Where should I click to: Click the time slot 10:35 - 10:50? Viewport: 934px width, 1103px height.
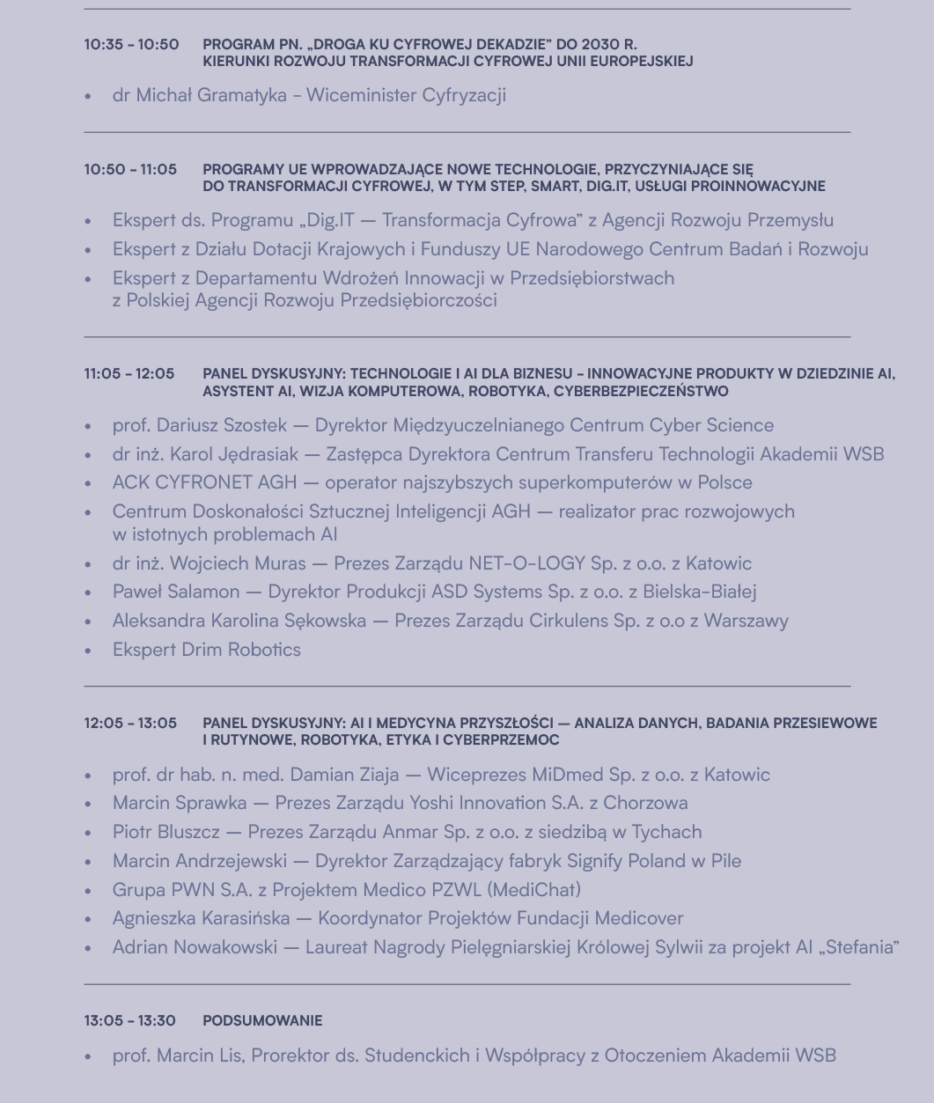coord(131,44)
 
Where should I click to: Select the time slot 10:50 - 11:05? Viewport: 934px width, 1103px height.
coord(130,169)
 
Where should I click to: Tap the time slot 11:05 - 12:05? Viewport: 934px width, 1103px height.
coord(129,374)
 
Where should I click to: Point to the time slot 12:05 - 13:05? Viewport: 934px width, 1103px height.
coord(130,724)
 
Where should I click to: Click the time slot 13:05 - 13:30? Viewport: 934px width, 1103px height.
coord(130,1021)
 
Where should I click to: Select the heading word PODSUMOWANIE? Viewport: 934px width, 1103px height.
coord(262,1021)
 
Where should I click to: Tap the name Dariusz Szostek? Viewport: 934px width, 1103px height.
coord(222,426)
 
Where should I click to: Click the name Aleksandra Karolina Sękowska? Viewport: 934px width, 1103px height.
coord(239,621)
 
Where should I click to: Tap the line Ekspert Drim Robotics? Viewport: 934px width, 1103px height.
coord(207,650)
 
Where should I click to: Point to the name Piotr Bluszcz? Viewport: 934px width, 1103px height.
coord(167,832)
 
